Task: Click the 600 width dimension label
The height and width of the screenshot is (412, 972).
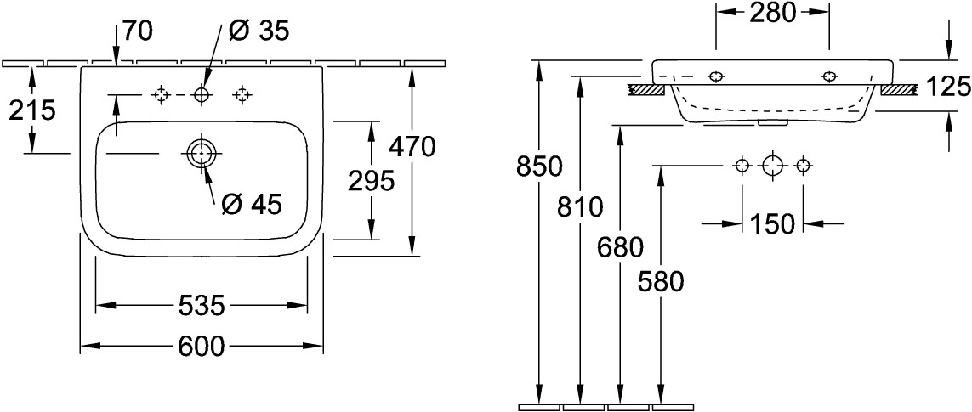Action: tap(202, 346)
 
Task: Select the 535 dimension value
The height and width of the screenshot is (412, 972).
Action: tap(201, 305)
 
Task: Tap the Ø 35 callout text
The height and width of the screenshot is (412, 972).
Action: tap(259, 31)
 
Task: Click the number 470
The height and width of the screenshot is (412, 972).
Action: tap(412, 147)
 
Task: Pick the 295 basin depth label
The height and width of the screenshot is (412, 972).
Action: tap(371, 181)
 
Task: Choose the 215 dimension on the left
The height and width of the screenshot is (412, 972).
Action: tap(32, 110)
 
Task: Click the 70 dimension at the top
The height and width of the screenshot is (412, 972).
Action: tap(137, 31)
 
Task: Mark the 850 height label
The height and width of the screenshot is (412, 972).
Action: tap(538, 166)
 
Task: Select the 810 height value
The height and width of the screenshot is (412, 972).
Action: tap(580, 207)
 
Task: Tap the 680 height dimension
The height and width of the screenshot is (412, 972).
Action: tap(621, 248)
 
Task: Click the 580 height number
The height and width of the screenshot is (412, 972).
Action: tap(661, 282)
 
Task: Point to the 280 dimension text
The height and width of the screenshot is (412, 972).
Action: tap(772, 13)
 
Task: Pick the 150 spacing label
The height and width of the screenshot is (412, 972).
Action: tap(772, 223)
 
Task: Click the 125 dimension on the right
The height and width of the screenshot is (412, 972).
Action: tap(948, 87)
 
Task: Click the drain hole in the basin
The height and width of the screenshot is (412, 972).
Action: tap(201, 152)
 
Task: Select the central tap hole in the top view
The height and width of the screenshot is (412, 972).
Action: tap(202, 95)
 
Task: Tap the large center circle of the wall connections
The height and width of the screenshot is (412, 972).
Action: tap(772, 166)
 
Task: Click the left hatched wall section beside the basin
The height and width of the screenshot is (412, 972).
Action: tap(645, 90)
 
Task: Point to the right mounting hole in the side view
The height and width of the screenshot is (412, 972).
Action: tap(829, 76)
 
